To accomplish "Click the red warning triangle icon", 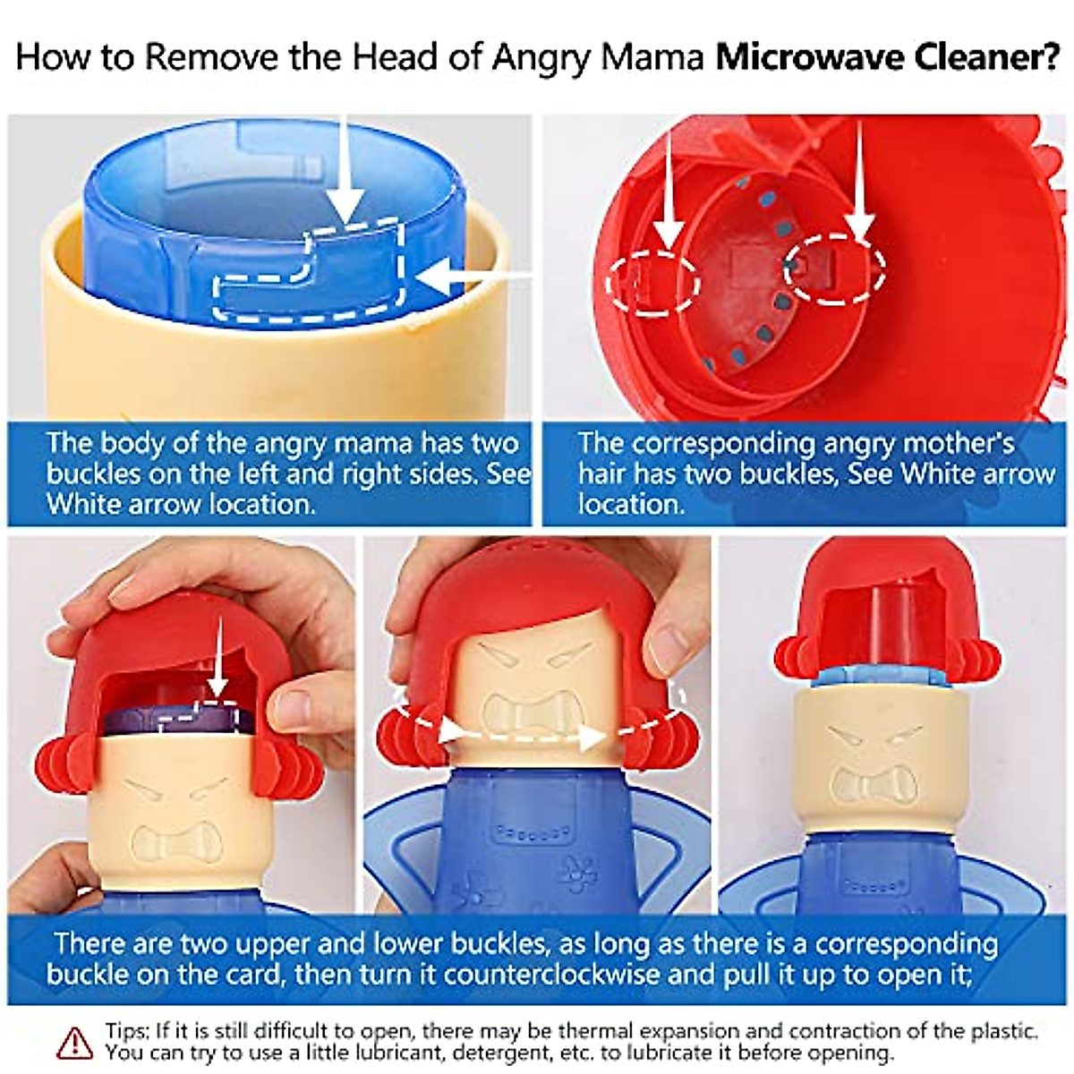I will [74, 1043].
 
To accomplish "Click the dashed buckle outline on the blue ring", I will [309, 274].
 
